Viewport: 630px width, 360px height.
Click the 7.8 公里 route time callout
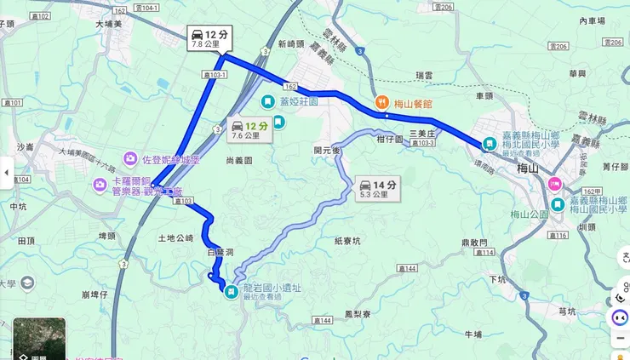pyautogui.click(x=209, y=37)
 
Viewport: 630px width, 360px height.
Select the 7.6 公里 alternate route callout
pyautogui.click(x=249, y=129)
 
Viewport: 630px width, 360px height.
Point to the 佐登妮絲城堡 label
pyautogui.click(x=169, y=158)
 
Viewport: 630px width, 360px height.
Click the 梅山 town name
pyautogui.click(x=528, y=169)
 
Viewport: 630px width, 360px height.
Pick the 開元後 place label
pyautogui.click(x=327, y=151)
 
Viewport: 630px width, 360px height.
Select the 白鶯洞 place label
pyautogui.click(x=219, y=253)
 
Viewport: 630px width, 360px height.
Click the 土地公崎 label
pyautogui.click(x=176, y=238)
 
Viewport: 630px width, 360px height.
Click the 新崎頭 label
pyautogui.click(x=290, y=44)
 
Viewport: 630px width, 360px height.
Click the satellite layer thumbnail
pyautogui.click(x=39, y=340)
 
